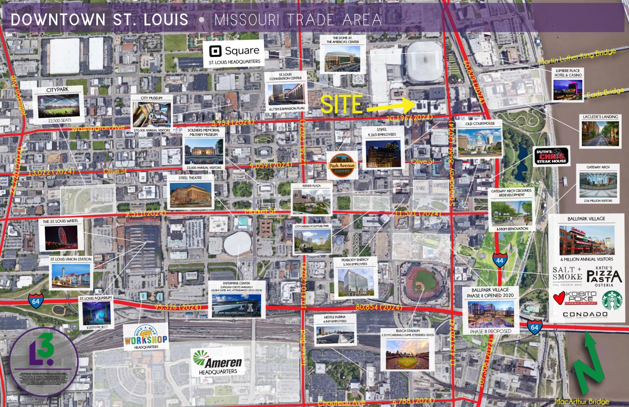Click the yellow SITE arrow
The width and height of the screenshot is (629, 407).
click(389, 105)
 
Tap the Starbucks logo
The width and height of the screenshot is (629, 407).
click(609, 301)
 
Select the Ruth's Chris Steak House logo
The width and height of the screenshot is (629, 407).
click(552, 156)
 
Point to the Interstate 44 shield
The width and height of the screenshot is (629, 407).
click(499, 260)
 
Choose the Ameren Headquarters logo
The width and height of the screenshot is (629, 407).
click(218, 362)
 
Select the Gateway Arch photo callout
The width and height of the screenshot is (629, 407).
click(598, 184)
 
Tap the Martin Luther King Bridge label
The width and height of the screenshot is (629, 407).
click(577, 58)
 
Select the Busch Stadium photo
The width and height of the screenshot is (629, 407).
click(410, 354)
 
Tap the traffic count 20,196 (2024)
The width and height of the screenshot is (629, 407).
click(409, 118)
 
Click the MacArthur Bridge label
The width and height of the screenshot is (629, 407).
click(581, 401)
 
